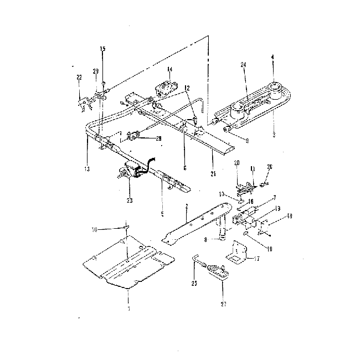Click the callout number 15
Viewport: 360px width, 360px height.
[x=102, y=49]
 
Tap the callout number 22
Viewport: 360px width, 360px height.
[x=79, y=76]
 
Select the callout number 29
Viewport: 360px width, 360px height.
[x=96, y=71]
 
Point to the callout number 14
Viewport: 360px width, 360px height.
[x=169, y=69]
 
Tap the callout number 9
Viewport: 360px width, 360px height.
[x=246, y=141]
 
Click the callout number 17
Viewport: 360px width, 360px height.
[x=256, y=258]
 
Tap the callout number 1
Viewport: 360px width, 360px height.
[x=128, y=308]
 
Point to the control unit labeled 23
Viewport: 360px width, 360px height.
[x=132, y=171]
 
